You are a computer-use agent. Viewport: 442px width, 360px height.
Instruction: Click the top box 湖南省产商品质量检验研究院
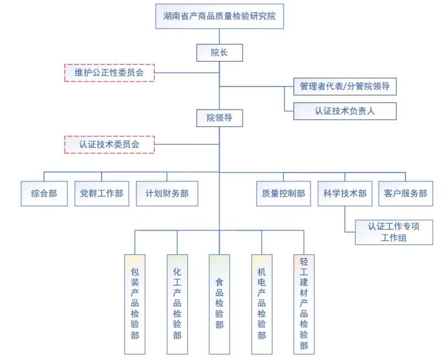[x=219, y=16]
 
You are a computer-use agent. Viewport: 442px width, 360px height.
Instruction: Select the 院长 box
[x=219, y=53]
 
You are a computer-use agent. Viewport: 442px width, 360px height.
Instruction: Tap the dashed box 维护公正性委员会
[x=109, y=73]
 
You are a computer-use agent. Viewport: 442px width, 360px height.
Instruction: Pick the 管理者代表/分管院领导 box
[x=345, y=86]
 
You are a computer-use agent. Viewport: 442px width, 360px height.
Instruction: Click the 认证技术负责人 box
[x=345, y=111]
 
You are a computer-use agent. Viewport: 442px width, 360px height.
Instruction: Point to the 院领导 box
[x=219, y=118]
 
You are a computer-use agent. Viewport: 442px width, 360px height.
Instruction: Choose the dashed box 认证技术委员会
[x=109, y=144]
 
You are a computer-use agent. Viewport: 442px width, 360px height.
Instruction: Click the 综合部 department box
[x=44, y=194]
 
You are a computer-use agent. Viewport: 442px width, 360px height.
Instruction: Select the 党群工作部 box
[x=102, y=194]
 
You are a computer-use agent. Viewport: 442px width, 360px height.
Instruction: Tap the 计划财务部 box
[x=167, y=194]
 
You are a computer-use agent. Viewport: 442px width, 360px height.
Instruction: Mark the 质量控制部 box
[x=283, y=194]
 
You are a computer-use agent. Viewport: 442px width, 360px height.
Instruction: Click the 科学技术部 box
[x=345, y=194]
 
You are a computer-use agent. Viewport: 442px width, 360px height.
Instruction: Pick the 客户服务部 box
[x=406, y=194]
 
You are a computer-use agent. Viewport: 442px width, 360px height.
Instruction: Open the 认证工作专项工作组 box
[x=394, y=232]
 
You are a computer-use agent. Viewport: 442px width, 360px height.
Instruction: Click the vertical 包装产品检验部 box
[x=135, y=304]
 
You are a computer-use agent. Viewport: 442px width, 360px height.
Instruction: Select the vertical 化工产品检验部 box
[x=177, y=304]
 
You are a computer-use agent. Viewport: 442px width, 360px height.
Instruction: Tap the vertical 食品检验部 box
[x=219, y=304]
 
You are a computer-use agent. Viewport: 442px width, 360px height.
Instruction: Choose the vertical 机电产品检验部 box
[x=261, y=304]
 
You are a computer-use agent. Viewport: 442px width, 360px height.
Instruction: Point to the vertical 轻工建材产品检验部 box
[x=304, y=304]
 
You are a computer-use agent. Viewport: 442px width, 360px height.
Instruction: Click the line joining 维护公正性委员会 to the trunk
[x=187, y=73]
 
